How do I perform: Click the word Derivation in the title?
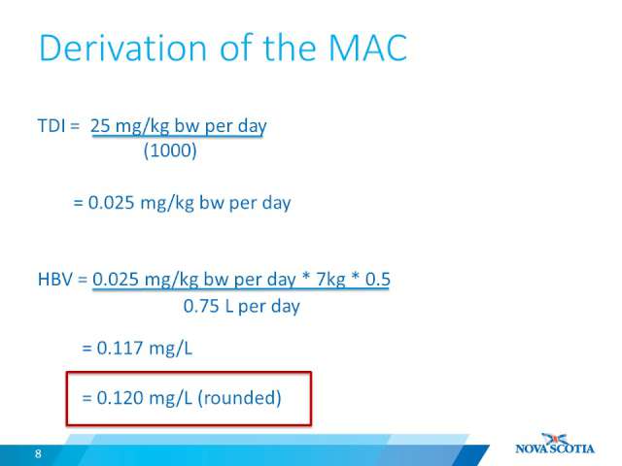(x=123, y=48)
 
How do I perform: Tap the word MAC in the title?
(x=367, y=48)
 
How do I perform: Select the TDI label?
(x=52, y=125)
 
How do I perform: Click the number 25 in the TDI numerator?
(x=100, y=125)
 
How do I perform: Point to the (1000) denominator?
(x=170, y=150)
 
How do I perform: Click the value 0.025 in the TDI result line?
(x=111, y=203)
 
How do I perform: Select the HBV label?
(x=55, y=279)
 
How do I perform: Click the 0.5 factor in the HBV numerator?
(x=378, y=279)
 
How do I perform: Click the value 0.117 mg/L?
(x=145, y=349)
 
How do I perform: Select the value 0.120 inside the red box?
(x=121, y=397)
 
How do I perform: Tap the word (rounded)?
(x=239, y=398)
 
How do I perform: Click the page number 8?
(x=38, y=453)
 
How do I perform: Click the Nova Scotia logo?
(x=555, y=445)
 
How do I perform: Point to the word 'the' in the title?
(x=290, y=48)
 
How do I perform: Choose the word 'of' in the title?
(x=236, y=48)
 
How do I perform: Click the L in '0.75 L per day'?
(x=228, y=307)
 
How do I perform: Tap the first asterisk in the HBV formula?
(x=305, y=276)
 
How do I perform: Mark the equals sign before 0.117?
(x=86, y=349)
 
